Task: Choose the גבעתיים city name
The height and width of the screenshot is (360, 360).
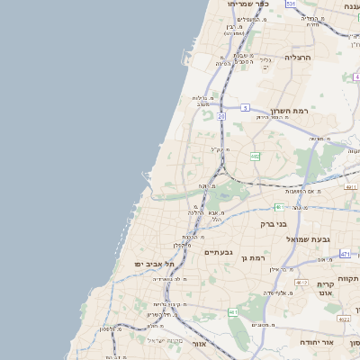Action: click(x=219, y=252)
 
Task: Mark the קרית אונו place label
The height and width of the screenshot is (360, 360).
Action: click(x=326, y=288)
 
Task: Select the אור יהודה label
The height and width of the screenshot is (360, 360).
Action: click(x=339, y=343)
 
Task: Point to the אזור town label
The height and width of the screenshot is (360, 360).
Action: click(x=200, y=343)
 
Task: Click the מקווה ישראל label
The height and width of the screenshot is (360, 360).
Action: click(x=165, y=339)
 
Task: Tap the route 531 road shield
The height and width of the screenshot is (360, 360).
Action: click(x=291, y=4)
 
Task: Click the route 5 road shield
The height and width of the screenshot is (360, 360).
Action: click(x=245, y=108)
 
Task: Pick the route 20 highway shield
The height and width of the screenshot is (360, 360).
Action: click(x=221, y=116)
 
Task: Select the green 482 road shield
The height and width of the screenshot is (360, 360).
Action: click(x=256, y=157)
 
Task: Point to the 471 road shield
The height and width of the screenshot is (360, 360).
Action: click(x=345, y=255)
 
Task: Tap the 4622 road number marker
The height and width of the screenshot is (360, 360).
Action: click(x=344, y=318)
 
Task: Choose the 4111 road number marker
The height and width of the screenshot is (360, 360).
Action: click(x=350, y=187)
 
